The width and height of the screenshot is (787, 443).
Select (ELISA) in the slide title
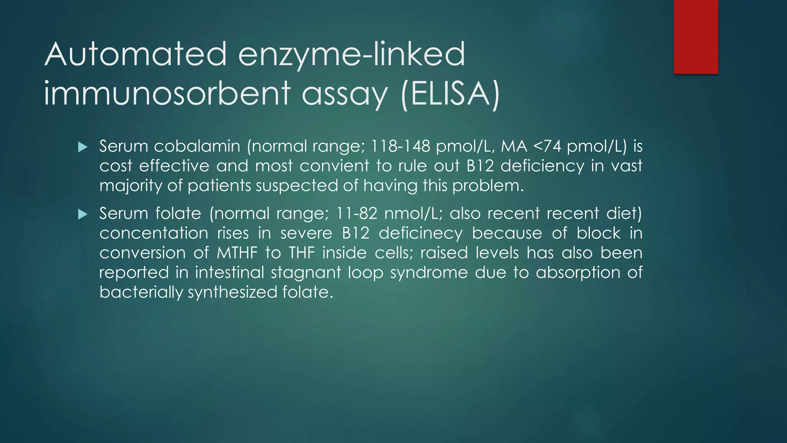pyautogui.click(x=450, y=94)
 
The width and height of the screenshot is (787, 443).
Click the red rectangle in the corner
pyautogui.click(x=696, y=37)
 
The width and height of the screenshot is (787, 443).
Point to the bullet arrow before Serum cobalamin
pyautogui.click(x=83, y=147)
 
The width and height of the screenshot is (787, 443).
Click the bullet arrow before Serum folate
pyautogui.click(x=83, y=214)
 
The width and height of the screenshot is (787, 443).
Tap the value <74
pyautogui.click(x=547, y=146)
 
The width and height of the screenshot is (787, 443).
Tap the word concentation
pyautogui.click(x=154, y=233)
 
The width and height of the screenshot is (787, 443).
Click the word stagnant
pyautogui.click(x=306, y=273)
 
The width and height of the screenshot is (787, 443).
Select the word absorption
pyautogui.click(x=578, y=273)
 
